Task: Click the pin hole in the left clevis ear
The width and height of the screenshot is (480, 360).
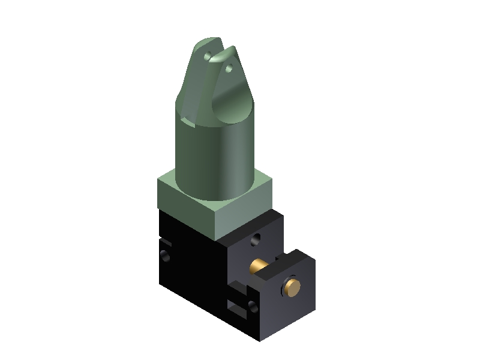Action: [x=207, y=56]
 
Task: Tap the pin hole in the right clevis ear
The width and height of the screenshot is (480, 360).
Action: [x=229, y=68]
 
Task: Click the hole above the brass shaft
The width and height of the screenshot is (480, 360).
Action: [x=256, y=239]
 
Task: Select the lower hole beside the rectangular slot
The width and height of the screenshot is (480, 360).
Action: [x=252, y=308]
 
